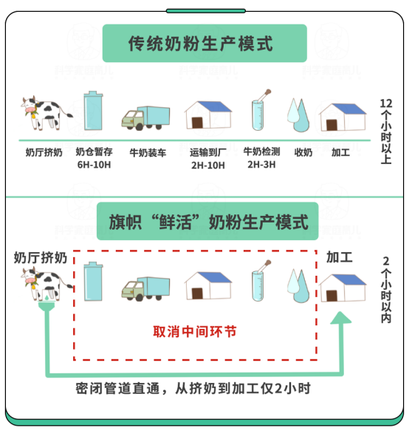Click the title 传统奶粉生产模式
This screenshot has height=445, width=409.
[x=200, y=44]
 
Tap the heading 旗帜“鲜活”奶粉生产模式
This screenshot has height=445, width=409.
[x=208, y=222]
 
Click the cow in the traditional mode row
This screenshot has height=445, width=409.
[x=47, y=113]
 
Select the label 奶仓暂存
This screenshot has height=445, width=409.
[x=94, y=152]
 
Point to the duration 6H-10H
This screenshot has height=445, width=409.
[x=94, y=165]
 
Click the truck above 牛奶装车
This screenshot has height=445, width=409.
[x=145, y=118]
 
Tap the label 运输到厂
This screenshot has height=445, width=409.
[x=207, y=152]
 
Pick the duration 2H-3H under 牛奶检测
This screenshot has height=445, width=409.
[x=261, y=164]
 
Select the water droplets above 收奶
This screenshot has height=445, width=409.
[x=298, y=115]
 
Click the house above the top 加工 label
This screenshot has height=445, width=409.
[x=343, y=117]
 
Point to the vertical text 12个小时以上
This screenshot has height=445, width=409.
[x=386, y=132]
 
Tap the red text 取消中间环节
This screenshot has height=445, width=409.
[x=195, y=331]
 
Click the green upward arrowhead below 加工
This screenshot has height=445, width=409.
[x=341, y=318]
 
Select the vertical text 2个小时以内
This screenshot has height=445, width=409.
[x=386, y=290]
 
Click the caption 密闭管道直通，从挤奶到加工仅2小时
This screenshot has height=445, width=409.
[x=193, y=388]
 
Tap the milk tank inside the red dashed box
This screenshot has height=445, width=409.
[x=93, y=281]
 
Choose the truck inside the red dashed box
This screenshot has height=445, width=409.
[x=145, y=288]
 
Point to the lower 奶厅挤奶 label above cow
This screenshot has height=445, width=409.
[x=41, y=258]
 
